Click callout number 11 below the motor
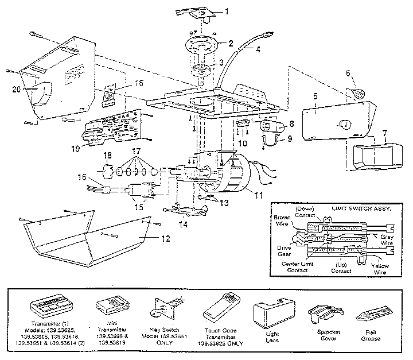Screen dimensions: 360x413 click(x=259, y=195)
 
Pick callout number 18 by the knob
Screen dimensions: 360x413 click(x=107, y=156)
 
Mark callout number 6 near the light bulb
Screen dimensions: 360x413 click(x=348, y=73)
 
